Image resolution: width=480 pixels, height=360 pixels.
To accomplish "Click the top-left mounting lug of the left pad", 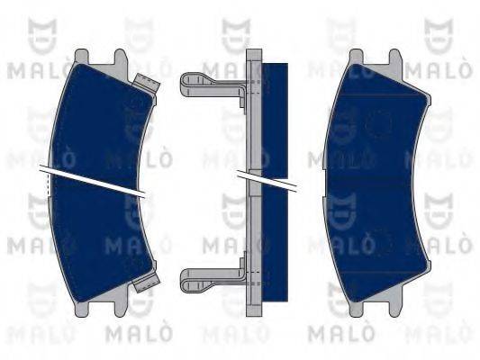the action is click(81, 57).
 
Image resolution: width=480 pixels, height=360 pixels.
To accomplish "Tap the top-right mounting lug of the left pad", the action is click(121, 57).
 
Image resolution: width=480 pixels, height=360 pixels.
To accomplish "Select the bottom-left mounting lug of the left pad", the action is click(81, 309).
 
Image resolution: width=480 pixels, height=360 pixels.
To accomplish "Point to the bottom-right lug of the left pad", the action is click(121, 309).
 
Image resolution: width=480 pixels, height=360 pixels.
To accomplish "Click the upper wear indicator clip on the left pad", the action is click(147, 83).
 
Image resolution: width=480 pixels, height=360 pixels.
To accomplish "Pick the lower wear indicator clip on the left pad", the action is click(147, 283).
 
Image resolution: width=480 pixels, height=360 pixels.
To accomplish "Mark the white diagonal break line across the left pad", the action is click(93, 180).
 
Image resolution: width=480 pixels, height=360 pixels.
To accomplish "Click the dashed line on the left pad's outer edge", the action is click(48, 184).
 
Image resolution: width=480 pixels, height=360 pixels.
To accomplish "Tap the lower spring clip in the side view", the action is click(213, 280).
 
